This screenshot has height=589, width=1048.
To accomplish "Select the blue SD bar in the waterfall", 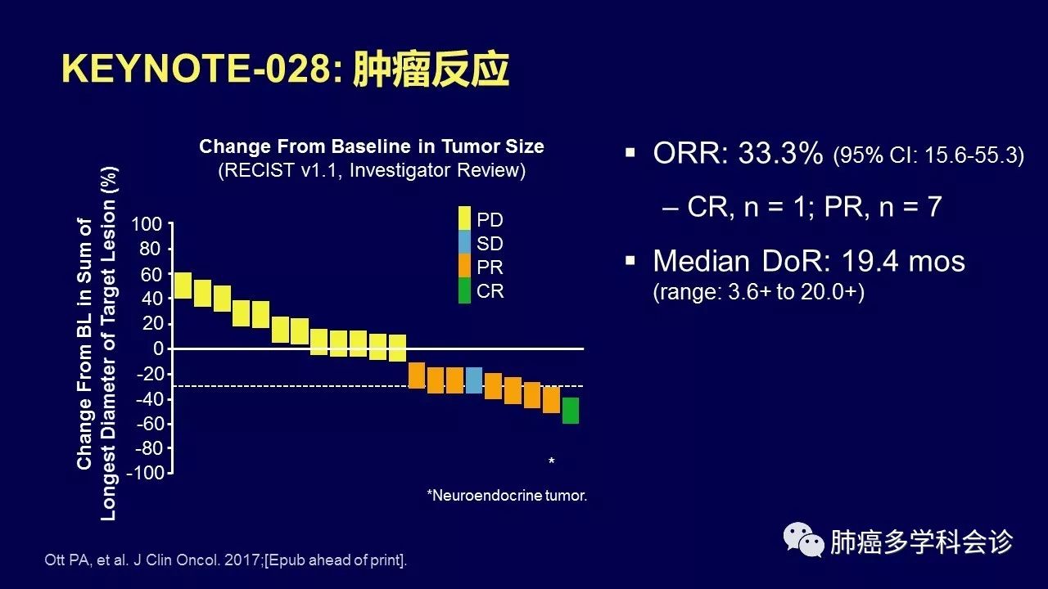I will coord(474,380).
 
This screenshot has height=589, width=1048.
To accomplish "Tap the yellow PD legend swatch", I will coord(464,219).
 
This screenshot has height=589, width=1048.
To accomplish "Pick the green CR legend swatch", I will coord(464,291).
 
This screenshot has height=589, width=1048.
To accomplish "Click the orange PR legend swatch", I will coord(464,267).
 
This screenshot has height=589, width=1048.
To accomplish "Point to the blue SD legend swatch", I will coord(464,243).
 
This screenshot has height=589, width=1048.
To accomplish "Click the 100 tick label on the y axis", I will coord(147,224).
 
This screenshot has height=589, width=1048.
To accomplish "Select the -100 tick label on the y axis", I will coord(144,474).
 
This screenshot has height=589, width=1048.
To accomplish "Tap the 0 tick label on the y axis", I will coord(159,349).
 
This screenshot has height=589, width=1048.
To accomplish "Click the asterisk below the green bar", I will coord(552,463).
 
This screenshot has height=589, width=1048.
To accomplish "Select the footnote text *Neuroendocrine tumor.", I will coord(507,496).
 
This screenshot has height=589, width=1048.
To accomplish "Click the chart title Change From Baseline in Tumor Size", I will coord(372,147).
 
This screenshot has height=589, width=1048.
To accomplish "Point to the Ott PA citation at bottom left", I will coord(224,560).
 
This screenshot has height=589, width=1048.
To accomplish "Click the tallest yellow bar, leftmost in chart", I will coord(183,286).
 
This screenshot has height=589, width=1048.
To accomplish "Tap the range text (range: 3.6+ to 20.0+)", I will coord(758,293).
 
